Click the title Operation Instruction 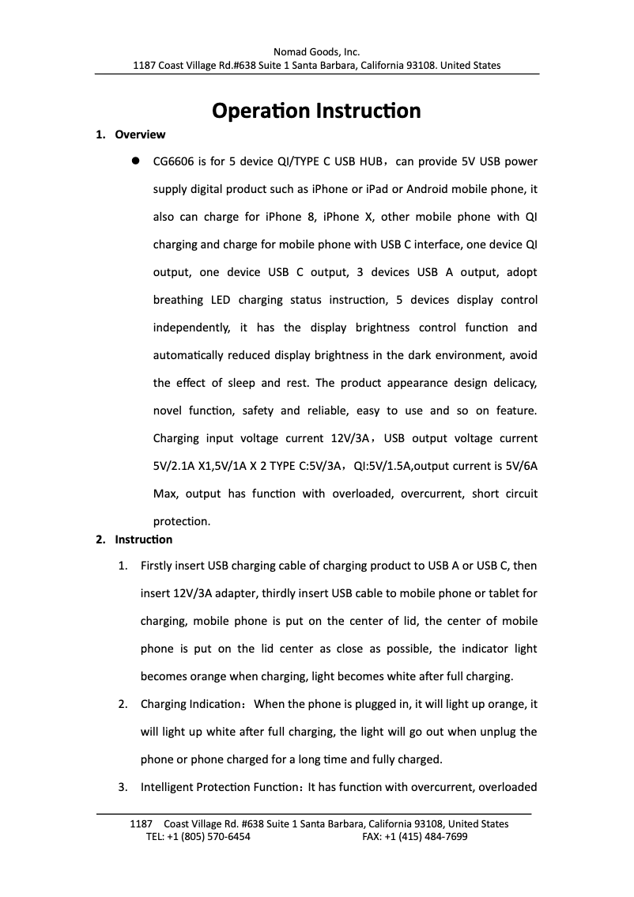click(x=316, y=110)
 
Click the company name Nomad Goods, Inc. click(x=316, y=52)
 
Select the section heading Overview click(x=140, y=134)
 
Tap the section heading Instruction click(x=143, y=539)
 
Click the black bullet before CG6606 click(x=135, y=161)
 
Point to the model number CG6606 click(x=173, y=161)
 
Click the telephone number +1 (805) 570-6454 click(x=209, y=836)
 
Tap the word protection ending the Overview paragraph click(x=181, y=521)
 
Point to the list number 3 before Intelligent click(x=122, y=787)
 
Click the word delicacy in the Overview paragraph click(x=515, y=383)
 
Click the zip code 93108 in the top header click(x=419, y=65)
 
